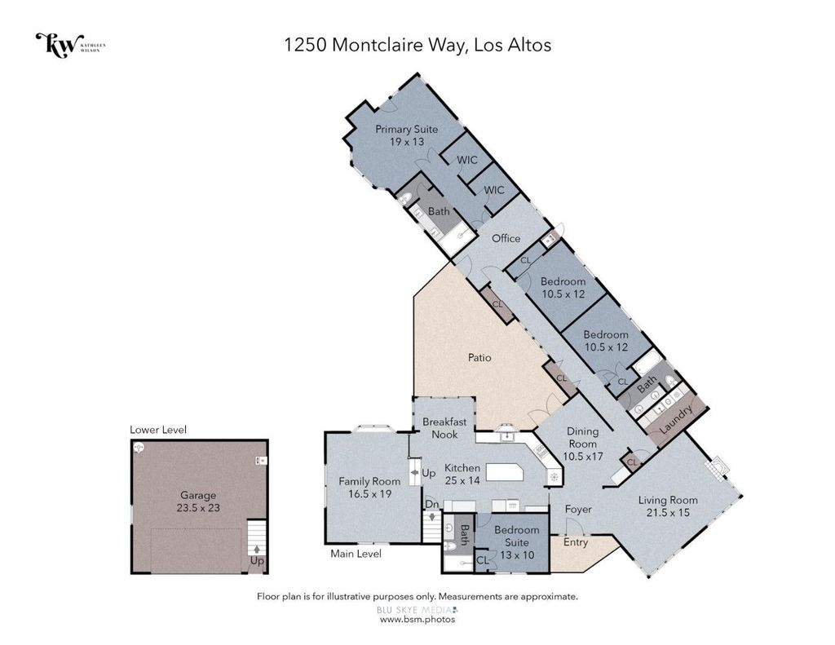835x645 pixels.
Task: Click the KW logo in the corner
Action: (70, 46)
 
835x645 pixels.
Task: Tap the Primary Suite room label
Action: (406, 129)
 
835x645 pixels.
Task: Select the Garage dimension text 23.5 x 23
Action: (198, 508)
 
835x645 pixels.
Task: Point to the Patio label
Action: (479, 357)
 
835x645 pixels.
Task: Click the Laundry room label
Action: (676, 418)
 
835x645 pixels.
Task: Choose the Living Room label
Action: (668, 500)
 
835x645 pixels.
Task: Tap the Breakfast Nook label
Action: (444, 428)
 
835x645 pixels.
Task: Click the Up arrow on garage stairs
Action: (257, 549)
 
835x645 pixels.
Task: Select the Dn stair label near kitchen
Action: (431, 504)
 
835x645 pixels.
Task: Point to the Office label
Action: (506, 238)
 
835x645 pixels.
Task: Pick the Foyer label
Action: (578, 509)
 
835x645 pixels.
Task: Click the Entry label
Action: (576, 542)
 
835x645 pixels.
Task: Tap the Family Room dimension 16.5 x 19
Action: (369, 493)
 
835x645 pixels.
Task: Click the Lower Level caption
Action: (158, 430)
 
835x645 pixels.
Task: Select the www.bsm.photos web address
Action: (417, 620)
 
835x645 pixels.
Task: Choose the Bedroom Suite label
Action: (516, 536)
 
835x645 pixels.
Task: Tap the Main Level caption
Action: (356, 554)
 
